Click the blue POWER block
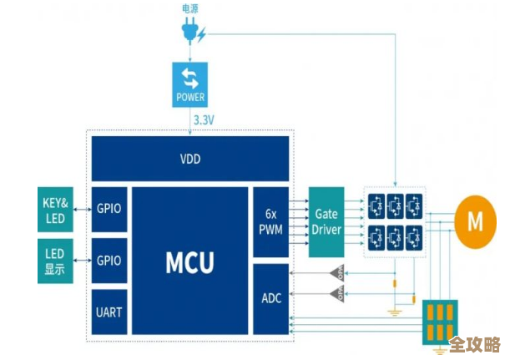pos(190,85)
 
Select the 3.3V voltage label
pos(205,120)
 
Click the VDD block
pos(190,159)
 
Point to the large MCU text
pos(189,261)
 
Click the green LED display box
pos(56,261)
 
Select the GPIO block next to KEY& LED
pos(109,210)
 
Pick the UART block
pos(109,313)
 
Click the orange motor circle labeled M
pos(475,221)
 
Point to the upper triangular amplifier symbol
pos(337,273)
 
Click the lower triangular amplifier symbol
pos(337,293)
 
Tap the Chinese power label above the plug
pos(190,8)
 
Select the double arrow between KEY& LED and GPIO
pos(83,210)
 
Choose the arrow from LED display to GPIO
pos(83,261)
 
